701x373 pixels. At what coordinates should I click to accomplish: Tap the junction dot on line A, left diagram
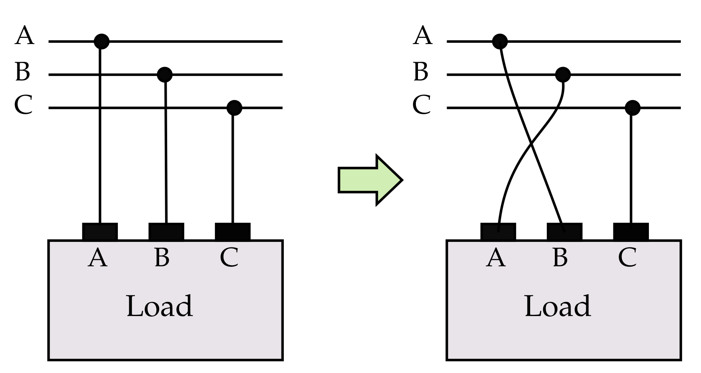click(101, 41)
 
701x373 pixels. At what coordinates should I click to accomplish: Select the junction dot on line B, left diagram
click(164, 74)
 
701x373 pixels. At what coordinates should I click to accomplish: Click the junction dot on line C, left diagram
click(234, 108)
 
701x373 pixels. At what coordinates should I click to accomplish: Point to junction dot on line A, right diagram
click(500, 41)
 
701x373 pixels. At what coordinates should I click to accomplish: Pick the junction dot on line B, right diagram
click(562, 74)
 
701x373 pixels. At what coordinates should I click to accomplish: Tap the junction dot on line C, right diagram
click(632, 108)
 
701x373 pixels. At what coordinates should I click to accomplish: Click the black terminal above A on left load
click(100, 231)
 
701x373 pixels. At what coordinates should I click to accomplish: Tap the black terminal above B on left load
click(166, 231)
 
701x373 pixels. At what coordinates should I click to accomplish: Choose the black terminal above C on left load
click(233, 231)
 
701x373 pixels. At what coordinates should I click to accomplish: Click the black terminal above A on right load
click(498, 231)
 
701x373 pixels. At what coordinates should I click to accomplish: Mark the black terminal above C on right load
click(631, 231)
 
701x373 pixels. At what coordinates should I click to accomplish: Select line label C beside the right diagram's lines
click(422, 105)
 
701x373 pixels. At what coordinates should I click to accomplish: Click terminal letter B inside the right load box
click(560, 258)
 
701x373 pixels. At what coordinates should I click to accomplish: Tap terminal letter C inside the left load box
click(229, 258)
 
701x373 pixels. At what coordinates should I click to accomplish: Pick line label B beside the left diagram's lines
click(23, 71)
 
